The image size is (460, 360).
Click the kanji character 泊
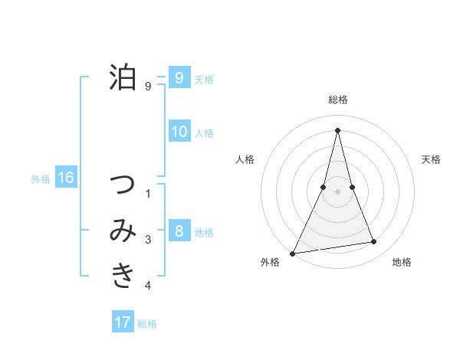coord(123,77)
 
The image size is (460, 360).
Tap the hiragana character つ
coord(123,185)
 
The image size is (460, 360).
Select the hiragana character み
coord(123,231)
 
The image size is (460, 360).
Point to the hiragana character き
coord(123,274)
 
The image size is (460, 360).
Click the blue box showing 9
coord(179,78)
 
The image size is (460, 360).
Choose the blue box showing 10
coord(179,132)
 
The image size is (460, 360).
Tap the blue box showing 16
coord(65,178)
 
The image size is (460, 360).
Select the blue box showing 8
coord(179,231)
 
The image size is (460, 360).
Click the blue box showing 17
coord(123,322)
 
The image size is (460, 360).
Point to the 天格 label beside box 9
coord(204,80)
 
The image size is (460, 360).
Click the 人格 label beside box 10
coord(204,133)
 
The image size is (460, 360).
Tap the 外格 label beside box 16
coord(41,179)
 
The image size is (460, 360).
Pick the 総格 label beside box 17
coord(147,324)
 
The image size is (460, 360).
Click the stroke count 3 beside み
coord(148,240)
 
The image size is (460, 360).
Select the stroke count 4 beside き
coord(148,286)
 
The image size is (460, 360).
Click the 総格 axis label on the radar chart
coord(337,100)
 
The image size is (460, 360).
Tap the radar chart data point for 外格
coord(292,253)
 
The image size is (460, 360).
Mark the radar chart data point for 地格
coord(374,242)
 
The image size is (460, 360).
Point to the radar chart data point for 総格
coord(337,129)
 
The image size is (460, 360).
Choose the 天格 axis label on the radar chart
coord(431,159)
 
